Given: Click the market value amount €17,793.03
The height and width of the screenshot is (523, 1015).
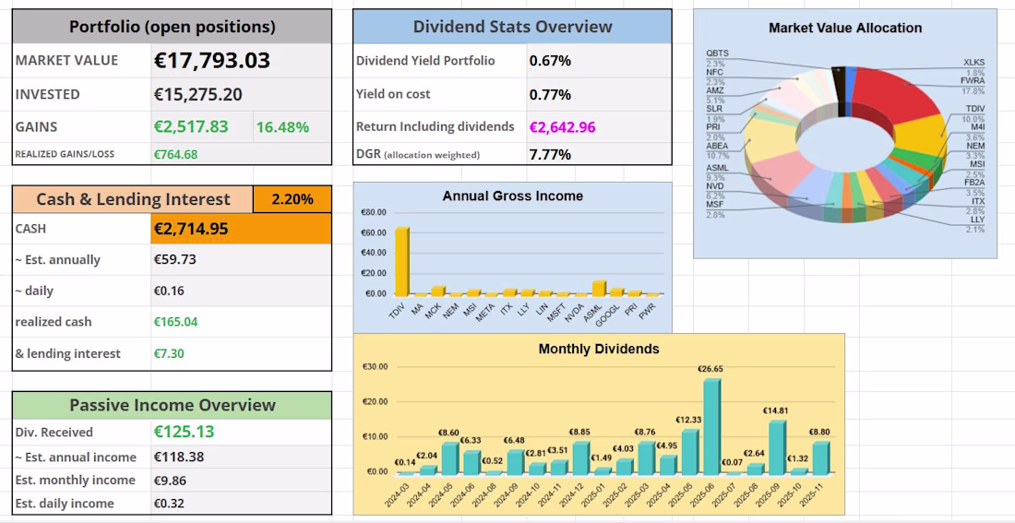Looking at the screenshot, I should [x=211, y=61].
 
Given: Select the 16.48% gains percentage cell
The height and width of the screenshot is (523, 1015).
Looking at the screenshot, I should [x=281, y=127].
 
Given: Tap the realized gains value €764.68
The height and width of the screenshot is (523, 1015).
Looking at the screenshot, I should [x=175, y=154].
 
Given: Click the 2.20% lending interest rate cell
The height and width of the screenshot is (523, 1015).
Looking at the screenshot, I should [x=293, y=199].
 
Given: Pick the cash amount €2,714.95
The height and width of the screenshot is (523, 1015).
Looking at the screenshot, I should [x=191, y=229].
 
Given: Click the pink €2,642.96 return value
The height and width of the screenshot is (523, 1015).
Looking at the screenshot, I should [x=562, y=127].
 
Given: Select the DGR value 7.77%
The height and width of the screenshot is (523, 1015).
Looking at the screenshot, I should [x=550, y=154].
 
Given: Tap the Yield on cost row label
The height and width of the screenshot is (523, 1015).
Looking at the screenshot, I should [x=393, y=94].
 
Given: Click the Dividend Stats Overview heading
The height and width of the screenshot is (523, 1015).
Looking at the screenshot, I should [x=512, y=27].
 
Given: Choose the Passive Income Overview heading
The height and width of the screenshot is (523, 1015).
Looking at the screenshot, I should [x=173, y=405].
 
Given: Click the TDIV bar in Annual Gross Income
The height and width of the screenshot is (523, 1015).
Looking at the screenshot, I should [x=402, y=261].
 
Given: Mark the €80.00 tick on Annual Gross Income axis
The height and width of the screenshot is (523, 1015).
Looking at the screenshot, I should [x=374, y=213].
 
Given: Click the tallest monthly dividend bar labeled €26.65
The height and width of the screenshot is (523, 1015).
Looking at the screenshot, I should [x=710, y=425].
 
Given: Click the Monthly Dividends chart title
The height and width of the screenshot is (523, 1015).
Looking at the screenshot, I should [x=599, y=350].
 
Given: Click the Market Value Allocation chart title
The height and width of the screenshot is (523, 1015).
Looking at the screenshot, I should [x=844, y=29].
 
